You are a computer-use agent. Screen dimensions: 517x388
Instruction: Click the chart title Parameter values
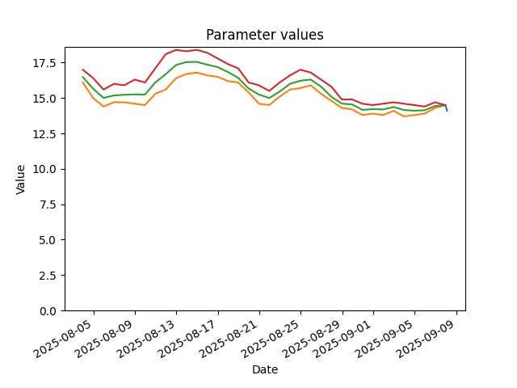pos(265,35)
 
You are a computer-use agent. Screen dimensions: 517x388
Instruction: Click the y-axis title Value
pos(20,179)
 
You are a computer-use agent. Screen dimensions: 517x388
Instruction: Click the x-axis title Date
pos(265,369)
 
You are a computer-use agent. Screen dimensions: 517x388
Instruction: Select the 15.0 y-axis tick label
pos(47,99)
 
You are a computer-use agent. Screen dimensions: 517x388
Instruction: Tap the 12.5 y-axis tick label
pos(47,133)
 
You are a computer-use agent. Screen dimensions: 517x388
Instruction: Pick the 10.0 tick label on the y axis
pos(47,169)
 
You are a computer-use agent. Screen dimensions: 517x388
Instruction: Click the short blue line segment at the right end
pos(447,108)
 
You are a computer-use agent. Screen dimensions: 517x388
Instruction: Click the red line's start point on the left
pos(82,70)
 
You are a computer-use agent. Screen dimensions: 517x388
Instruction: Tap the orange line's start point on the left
pos(82,82)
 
